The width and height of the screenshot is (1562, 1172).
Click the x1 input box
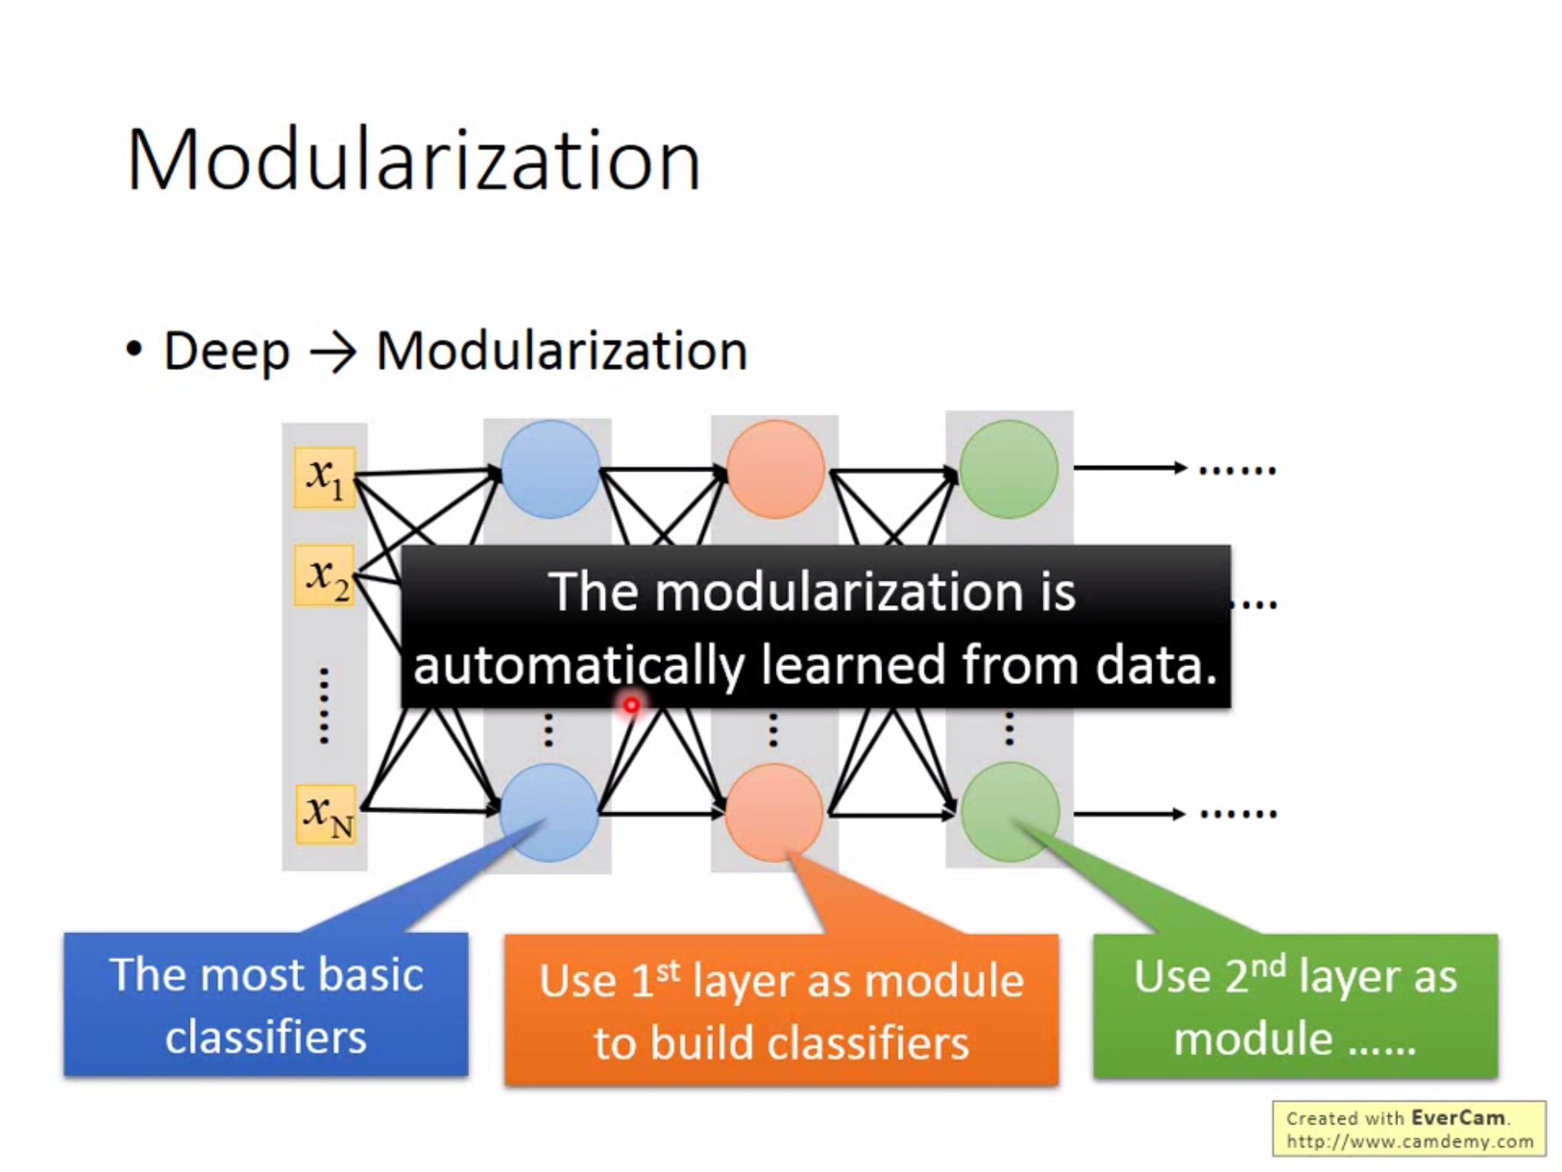325,478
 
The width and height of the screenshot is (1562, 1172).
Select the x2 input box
325,575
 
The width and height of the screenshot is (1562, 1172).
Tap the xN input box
326,814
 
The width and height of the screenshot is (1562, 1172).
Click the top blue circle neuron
550,469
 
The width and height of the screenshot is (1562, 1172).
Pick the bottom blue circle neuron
548,813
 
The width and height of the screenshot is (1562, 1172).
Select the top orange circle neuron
775,469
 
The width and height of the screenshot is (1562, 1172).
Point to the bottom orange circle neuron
773,813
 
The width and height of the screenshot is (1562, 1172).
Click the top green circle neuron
1008,469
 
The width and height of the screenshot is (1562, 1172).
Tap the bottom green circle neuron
1010,813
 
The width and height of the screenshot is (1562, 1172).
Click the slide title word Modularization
413,161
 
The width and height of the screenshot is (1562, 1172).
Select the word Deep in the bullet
227,352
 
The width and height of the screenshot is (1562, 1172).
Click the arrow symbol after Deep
333,353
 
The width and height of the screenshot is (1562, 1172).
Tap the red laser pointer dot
632,706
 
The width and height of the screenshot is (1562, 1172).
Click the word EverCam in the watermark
1458,1118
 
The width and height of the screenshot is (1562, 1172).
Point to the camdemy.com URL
1409,1141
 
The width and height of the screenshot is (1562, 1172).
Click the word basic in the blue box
371,974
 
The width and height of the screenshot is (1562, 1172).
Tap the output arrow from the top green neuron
1130,468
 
